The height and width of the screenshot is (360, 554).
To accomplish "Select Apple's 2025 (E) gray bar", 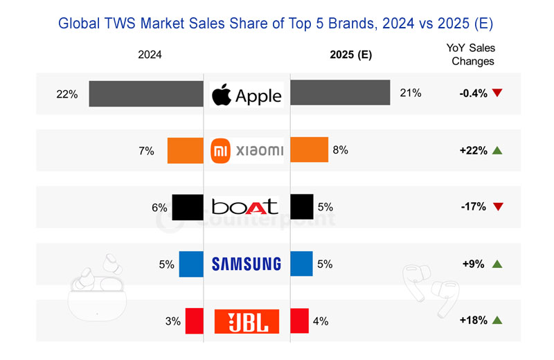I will [339, 93].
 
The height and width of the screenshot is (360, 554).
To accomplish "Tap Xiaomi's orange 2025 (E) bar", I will [308, 150].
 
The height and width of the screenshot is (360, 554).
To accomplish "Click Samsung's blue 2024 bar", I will [190, 264].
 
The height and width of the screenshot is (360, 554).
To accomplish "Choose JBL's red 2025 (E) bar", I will [299, 321].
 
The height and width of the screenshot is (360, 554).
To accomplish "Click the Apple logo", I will [247, 94].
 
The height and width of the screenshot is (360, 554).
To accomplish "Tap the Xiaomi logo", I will [247, 150].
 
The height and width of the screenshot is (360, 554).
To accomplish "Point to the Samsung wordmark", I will [247, 264].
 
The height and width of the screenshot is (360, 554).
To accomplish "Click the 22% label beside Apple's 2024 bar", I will [66, 93].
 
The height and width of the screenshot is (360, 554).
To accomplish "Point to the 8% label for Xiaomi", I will [340, 150].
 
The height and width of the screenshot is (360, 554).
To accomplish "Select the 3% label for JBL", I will [172, 321].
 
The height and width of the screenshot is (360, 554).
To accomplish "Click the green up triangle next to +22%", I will [497, 150].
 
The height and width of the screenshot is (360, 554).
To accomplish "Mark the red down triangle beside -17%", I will [497, 207].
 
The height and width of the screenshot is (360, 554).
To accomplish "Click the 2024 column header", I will [150, 55].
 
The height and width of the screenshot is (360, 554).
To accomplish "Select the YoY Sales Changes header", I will [473, 54].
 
